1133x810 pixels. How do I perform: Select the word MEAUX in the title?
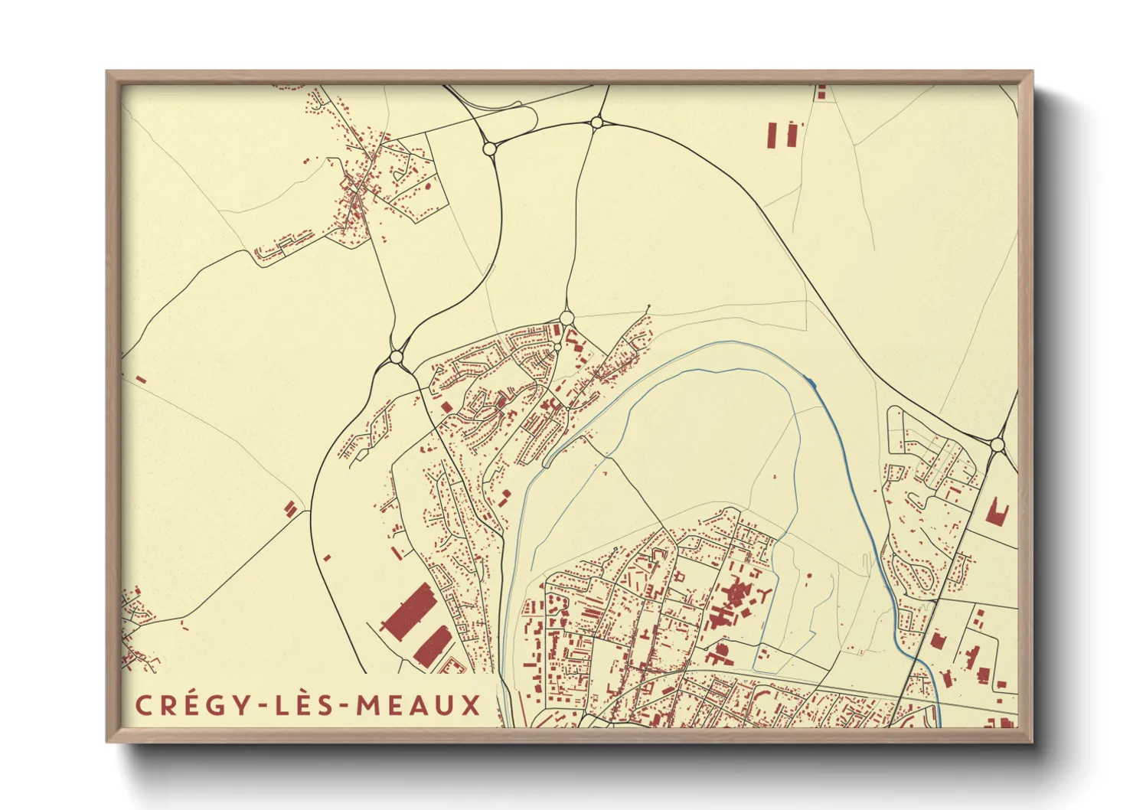(x=418, y=705)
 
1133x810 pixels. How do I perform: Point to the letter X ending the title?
(x=471, y=705)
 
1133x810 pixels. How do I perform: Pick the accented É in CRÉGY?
(x=189, y=705)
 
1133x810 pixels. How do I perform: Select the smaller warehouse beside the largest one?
(x=433, y=646)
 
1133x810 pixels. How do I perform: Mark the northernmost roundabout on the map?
(x=596, y=122)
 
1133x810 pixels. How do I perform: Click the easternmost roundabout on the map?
(x=997, y=444)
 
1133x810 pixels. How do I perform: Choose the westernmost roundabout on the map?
(x=396, y=357)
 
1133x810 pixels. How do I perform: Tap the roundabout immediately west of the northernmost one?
(x=489, y=148)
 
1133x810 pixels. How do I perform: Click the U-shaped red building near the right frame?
(x=997, y=512)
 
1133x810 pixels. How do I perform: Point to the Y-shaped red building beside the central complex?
(x=766, y=594)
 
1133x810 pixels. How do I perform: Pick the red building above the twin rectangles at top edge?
(x=821, y=93)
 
